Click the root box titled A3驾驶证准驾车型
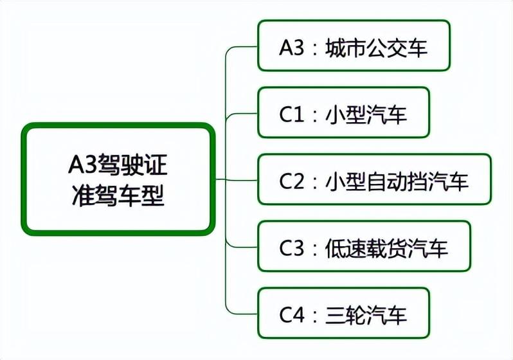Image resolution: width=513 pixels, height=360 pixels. pyautogui.click(x=118, y=179)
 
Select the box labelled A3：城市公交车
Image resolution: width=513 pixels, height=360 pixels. pyautogui.click(x=354, y=46)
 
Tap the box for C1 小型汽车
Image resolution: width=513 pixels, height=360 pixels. pyautogui.click(x=343, y=113)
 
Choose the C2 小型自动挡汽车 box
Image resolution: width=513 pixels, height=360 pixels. pyautogui.click(x=375, y=179)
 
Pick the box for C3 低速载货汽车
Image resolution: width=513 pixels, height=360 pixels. pyautogui.click(x=364, y=246)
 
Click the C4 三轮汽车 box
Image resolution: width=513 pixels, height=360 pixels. pyautogui.click(x=343, y=313)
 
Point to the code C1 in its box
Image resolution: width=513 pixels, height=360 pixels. pyautogui.click(x=292, y=115)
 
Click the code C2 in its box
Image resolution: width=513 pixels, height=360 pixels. pyautogui.click(x=292, y=182)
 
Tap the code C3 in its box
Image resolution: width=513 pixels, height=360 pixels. pyautogui.click(x=292, y=248)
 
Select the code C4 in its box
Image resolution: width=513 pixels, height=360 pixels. pyautogui.click(x=292, y=315)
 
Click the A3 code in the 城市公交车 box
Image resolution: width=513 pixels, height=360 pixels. pyautogui.click(x=292, y=48)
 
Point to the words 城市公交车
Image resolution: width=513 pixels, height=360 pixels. pyautogui.click(x=376, y=48)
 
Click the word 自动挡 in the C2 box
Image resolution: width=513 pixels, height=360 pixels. pyautogui.click(x=397, y=182)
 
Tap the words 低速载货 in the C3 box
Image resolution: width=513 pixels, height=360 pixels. pyautogui.click(x=366, y=248)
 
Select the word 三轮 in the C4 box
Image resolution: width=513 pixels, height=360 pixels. pyautogui.click(x=345, y=315)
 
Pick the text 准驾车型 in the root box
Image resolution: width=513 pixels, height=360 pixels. pyautogui.click(x=118, y=195)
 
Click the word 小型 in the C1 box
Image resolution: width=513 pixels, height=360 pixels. pyautogui.click(x=345, y=115)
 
